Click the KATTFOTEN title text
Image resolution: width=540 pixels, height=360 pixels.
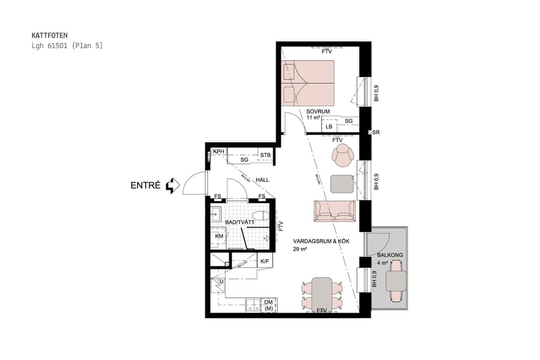coord(46,35)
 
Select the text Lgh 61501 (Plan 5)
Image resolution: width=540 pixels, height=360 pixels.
coord(67,46)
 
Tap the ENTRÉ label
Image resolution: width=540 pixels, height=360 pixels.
coord(146,186)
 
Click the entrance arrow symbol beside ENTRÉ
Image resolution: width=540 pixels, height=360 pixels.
coord(173,186)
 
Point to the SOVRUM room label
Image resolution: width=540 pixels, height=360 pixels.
coord(318,112)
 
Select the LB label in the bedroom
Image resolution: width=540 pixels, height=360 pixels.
coord(329,127)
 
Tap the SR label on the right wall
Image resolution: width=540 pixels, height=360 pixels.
coord(376,132)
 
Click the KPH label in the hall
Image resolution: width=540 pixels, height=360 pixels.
coord(218,152)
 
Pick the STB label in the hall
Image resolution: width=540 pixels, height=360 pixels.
coord(265,155)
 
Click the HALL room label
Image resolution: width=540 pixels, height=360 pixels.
coord(262,179)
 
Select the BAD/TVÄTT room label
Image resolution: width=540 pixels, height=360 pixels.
coord(240,222)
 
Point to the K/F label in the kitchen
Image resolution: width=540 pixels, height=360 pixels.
coord(265,261)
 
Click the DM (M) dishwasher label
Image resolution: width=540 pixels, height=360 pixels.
coord(268,305)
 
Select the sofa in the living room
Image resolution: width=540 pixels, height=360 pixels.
coord(335,210)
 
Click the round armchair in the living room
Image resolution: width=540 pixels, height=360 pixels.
coord(343,157)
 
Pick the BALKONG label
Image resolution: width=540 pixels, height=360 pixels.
coord(390,254)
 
